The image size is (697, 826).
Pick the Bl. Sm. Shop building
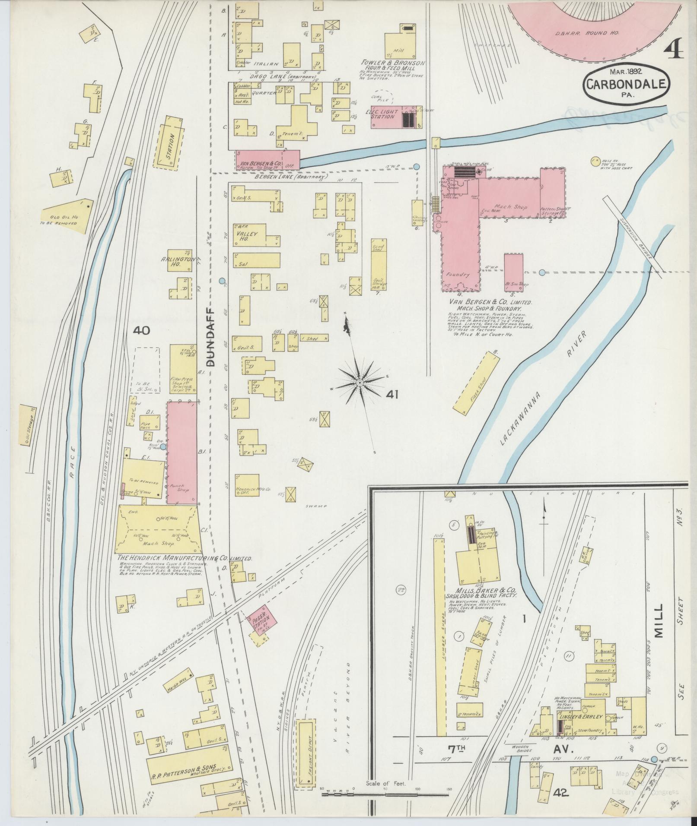click(514, 270)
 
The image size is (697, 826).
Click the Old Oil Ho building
click(68, 217)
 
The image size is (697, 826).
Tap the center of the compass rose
click(360, 383)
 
